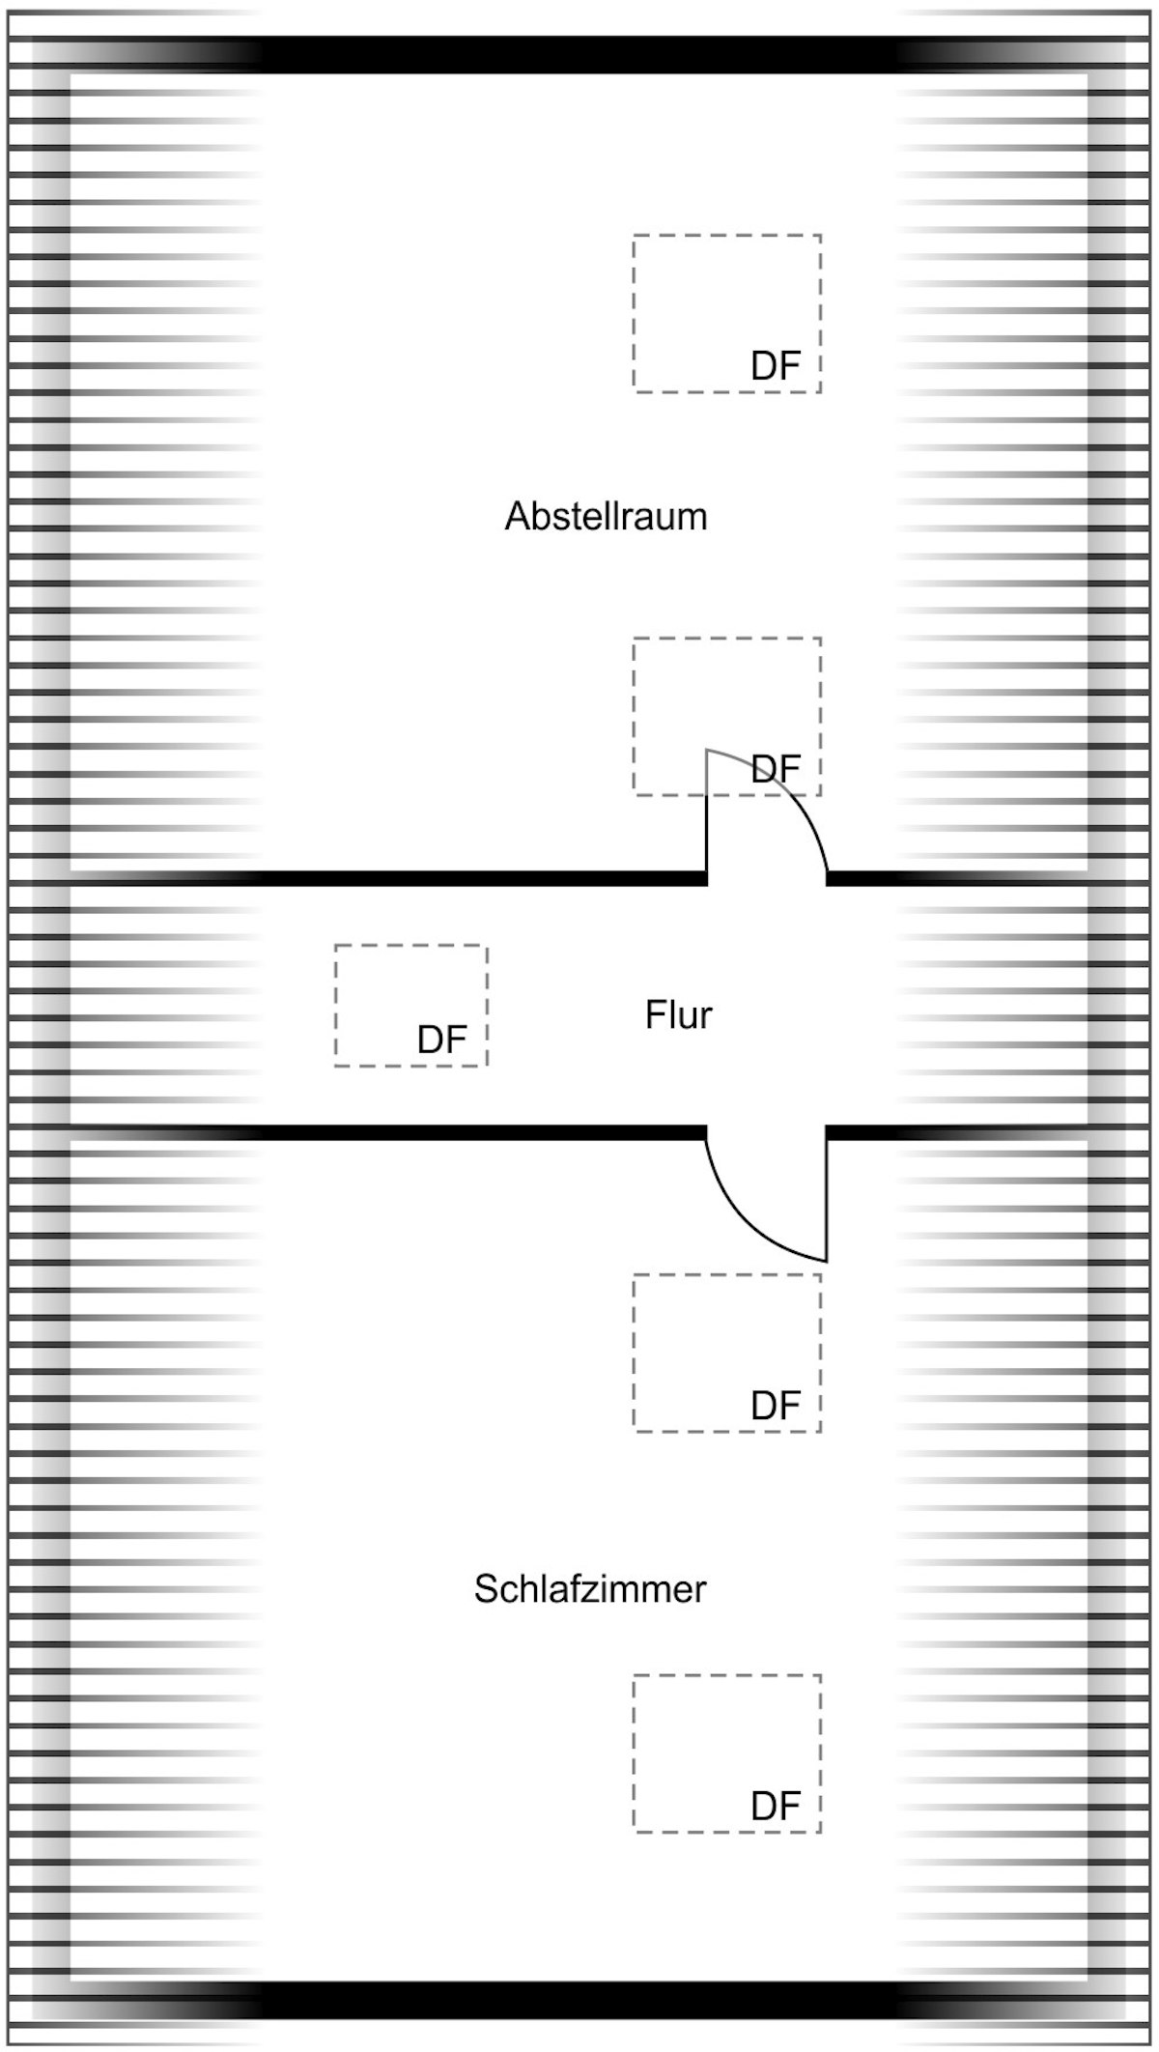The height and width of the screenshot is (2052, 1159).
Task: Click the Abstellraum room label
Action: click(x=606, y=517)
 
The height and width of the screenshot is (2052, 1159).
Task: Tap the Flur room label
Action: click(x=678, y=1015)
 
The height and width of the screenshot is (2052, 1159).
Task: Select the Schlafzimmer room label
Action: click(x=590, y=1589)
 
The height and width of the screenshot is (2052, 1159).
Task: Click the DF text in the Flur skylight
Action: click(x=442, y=1040)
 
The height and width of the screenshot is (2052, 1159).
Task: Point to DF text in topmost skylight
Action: click(x=776, y=366)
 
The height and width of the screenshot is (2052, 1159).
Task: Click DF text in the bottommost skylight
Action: click(x=776, y=1806)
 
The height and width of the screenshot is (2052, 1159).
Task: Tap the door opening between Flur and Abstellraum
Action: click(x=767, y=878)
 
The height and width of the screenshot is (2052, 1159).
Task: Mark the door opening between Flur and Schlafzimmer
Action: click(x=767, y=1132)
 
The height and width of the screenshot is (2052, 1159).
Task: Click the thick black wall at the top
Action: click(x=579, y=55)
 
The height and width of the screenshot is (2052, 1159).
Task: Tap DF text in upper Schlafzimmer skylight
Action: click(x=776, y=1406)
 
